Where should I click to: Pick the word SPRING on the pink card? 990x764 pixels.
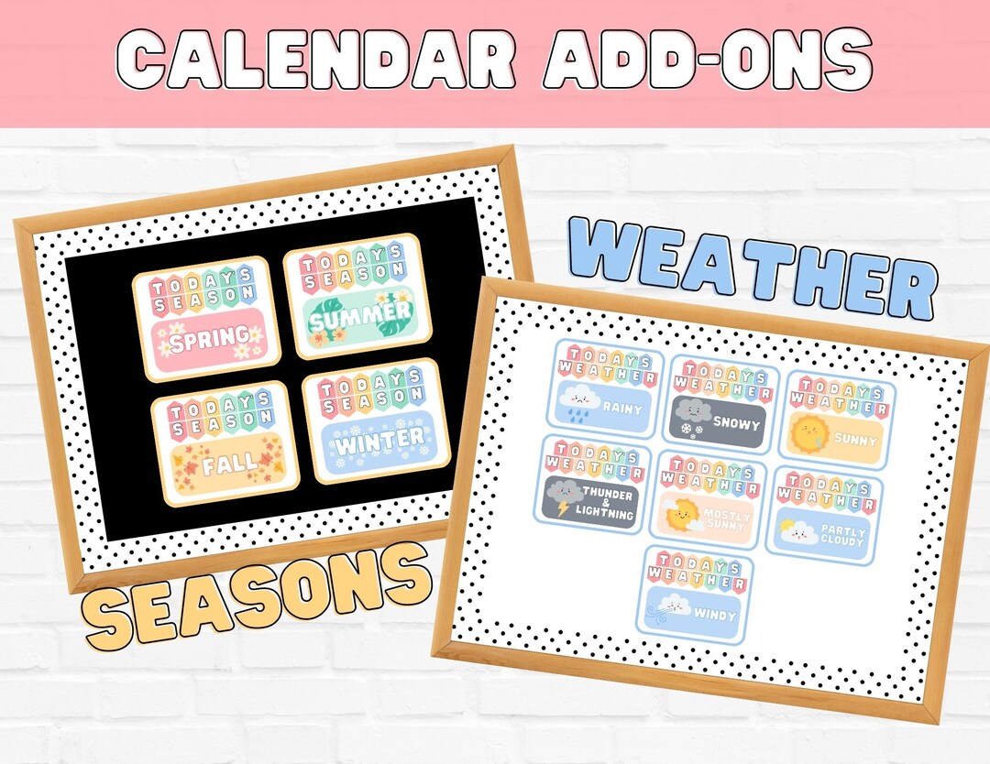tap(209, 339)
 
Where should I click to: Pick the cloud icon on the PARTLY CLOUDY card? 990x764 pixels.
tap(797, 532)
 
